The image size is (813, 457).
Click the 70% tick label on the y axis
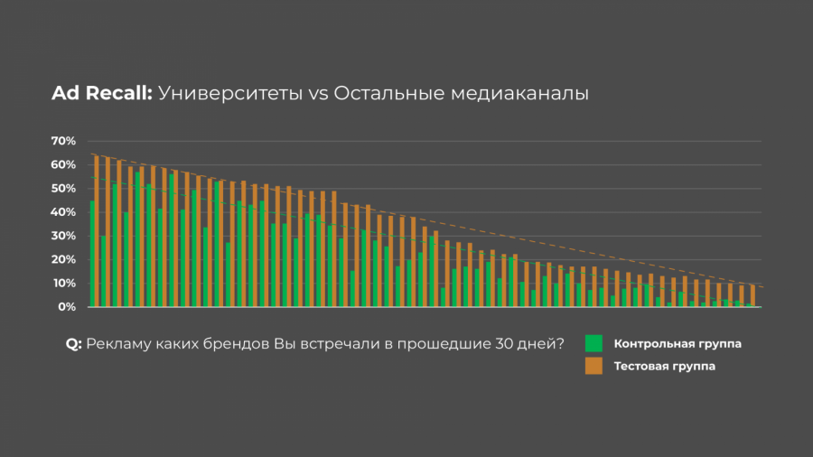(x=63, y=142)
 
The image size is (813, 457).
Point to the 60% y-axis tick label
(x=63, y=165)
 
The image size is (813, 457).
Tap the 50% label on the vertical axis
(x=63, y=189)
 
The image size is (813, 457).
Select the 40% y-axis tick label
(x=63, y=212)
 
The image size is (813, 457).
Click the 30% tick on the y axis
(x=63, y=237)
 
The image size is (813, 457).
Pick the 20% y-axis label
(x=63, y=260)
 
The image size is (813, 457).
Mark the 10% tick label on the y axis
(x=63, y=284)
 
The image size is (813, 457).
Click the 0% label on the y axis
(x=66, y=307)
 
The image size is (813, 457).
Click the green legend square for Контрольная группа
(x=593, y=343)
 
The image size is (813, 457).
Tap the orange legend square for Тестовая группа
(x=593, y=366)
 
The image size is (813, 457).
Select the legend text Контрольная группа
(x=671, y=344)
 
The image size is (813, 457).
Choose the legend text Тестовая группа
(x=664, y=367)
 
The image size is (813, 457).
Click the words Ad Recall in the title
(x=102, y=94)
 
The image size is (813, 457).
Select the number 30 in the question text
(x=507, y=344)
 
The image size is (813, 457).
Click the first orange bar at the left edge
(x=97, y=231)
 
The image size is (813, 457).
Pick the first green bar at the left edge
(x=91, y=254)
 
